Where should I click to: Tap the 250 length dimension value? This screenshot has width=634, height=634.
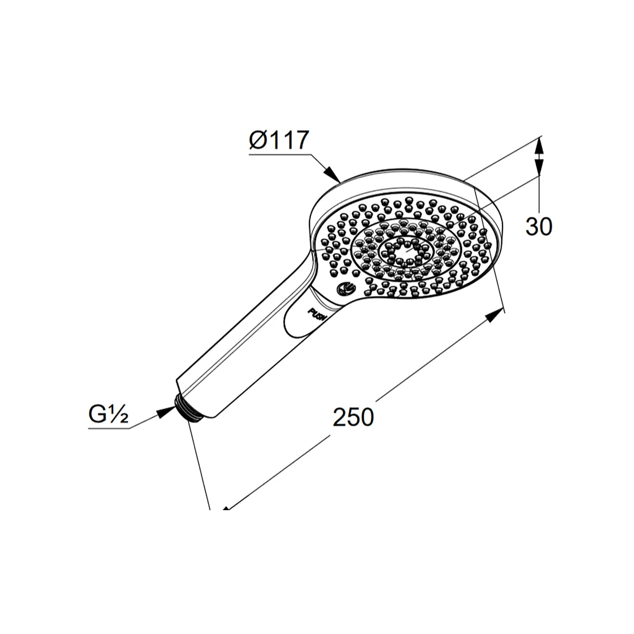pos(353,417)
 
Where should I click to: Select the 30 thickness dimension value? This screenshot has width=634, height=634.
pos(539,227)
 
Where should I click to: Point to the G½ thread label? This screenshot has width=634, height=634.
pos(108,415)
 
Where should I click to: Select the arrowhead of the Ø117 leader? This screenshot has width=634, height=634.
pos(333,174)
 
